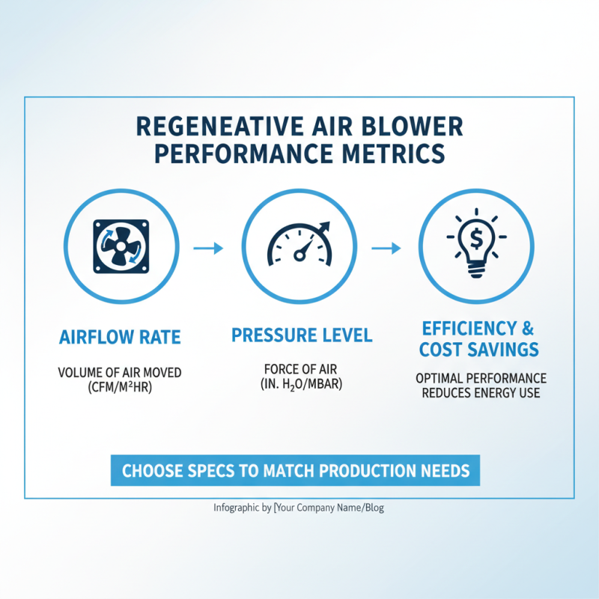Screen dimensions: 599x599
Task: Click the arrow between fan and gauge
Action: [x=209, y=248]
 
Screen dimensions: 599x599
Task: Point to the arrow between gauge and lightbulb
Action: [x=387, y=248]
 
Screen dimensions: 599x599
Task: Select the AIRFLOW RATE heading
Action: [x=120, y=337]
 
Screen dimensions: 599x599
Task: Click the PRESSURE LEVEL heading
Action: [x=301, y=335]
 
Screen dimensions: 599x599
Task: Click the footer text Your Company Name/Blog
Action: [x=331, y=508]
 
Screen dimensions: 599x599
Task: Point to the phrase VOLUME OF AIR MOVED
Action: [x=120, y=372]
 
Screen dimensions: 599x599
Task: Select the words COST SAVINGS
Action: [x=479, y=350]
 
